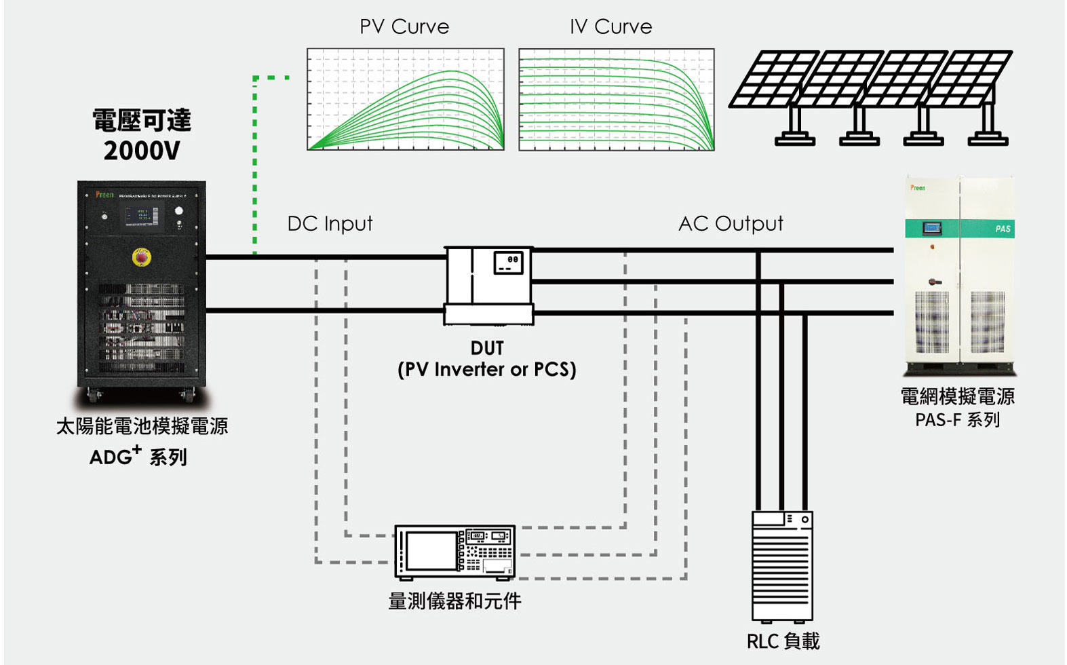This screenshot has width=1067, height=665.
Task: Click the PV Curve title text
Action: point(404,26)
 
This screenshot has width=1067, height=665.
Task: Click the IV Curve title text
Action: point(610,26)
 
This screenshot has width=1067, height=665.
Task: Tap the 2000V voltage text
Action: point(142,151)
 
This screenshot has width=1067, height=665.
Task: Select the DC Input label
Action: point(330,223)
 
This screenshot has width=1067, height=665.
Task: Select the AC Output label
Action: point(731,223)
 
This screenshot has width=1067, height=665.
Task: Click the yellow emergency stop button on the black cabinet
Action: point(141,257)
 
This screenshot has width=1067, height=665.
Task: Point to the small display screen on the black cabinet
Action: point(141,216)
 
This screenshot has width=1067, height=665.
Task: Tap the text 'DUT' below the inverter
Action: point(487,348)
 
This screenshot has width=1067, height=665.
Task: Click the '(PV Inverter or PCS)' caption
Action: point(486,370)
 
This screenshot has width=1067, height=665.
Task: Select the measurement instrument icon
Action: point(454,552)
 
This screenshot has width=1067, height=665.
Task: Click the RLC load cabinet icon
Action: point(782,565)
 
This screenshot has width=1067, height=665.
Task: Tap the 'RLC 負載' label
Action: point(783,641)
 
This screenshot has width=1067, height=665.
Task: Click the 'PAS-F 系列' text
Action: point(957,420)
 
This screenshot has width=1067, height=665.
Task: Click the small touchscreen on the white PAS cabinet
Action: point(931,228)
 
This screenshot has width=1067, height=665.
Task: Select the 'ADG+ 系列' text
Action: point(138,457)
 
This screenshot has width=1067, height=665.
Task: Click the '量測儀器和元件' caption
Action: point(454,601)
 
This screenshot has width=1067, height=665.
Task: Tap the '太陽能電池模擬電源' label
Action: point(142,426)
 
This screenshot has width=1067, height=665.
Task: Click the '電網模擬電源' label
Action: point(957,396)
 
